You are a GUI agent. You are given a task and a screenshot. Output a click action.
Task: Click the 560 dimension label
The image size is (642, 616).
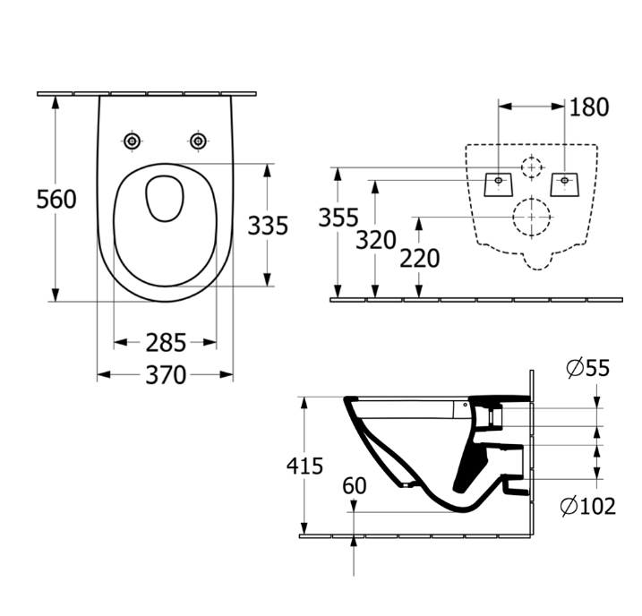tap(56, 199)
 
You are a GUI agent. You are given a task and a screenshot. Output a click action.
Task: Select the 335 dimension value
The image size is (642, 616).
tap(269, 225)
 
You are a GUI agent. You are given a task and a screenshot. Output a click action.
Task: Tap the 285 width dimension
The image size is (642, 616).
tap(165, 342)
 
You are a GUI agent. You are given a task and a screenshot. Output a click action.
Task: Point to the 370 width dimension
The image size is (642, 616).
tap(165, 374)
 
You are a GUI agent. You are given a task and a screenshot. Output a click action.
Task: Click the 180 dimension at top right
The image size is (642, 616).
tap(589, 107)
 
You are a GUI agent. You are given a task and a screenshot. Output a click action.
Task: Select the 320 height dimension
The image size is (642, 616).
tap(375, 239)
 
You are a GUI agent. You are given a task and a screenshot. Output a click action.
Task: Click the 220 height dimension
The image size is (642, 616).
tap(419, 258)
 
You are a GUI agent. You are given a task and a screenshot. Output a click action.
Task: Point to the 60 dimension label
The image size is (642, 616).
tap(355, 486)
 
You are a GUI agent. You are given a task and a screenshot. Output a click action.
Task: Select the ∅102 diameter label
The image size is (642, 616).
tap(587, 507)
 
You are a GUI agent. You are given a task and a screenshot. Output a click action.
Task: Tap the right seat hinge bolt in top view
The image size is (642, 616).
tap(198, 141)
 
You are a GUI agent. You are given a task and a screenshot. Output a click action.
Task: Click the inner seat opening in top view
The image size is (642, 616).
tap(165, 198)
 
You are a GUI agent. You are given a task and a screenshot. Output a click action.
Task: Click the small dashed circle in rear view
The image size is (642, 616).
tap(532, 167)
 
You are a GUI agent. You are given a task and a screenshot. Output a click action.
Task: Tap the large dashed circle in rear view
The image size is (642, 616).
tap(531, 217)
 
